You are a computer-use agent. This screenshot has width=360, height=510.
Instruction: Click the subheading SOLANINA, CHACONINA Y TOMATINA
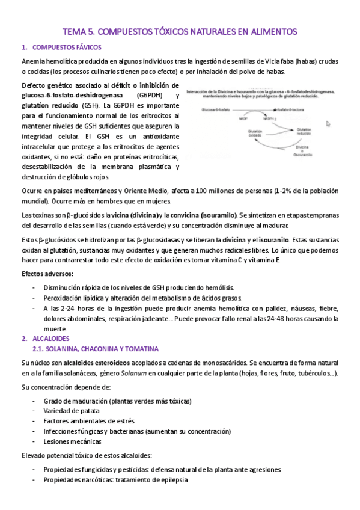coord(95,349)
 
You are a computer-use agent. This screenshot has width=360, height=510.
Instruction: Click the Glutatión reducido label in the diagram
coord(303,131)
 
